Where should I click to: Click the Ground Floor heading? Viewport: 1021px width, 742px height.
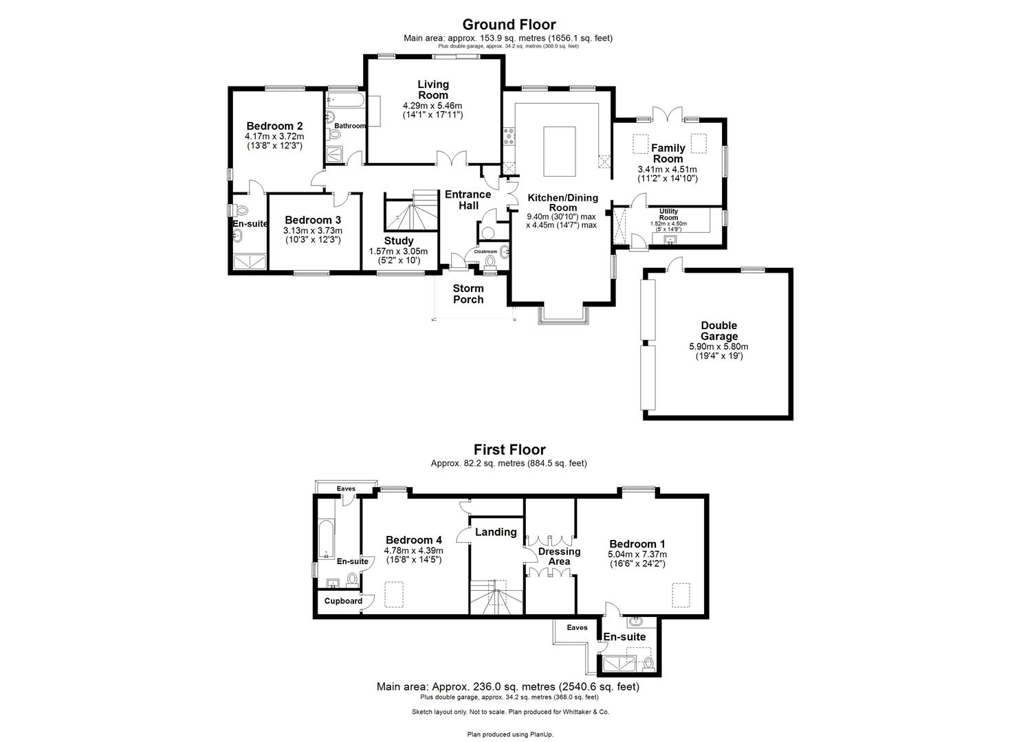[x=509, y=25]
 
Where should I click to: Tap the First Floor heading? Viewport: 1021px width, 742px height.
[x=509, y=450]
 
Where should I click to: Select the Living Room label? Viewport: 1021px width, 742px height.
[x=432, y=89]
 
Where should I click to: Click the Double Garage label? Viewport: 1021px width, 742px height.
[x=718, y=330]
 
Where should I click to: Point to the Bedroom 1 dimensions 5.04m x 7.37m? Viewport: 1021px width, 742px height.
[x=637, y=554]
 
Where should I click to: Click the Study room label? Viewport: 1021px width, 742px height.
[x=399, y=240]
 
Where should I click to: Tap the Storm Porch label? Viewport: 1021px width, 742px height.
[x=468, y=293]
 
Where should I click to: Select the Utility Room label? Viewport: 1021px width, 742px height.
[x=668, y=214]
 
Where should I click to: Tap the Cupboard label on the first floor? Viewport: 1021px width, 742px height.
[x=343, y=601]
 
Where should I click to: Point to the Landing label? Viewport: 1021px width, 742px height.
[x=496, y=532]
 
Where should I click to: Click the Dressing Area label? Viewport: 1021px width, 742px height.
[x=559, y=556]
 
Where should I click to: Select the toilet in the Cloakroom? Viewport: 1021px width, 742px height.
[x=490, y=262]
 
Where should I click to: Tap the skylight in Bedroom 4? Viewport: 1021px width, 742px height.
[x=395, y=594]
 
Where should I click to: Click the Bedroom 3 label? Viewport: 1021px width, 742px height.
[x=312, y=220]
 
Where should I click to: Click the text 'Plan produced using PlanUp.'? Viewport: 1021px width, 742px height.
[x=510, y=734]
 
